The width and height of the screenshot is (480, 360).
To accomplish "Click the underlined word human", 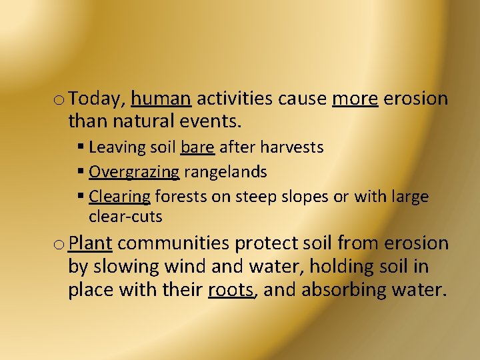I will pyautogui.click(x=161, y=99).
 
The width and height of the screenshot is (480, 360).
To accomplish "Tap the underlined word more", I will pyautogui.click(x=355, y=99).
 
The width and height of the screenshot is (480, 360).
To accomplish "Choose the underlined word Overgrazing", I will pyautogui.click(x=134, y=172).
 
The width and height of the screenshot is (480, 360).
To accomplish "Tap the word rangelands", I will pyautogui.click(x=225, y=172).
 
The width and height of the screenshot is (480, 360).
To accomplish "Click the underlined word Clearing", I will pyautogui.click(x=119, y=197).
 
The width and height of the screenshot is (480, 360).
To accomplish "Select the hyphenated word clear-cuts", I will pyautogui.click(x=125, y=217).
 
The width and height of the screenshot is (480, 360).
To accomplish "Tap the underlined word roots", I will pyautogui.click(x=231, y=291).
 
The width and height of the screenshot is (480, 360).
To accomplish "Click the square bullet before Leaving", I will pyautogui.click(x=80, y=147).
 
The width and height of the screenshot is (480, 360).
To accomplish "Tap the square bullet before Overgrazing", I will pyautogui.click(x=80, y=172).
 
